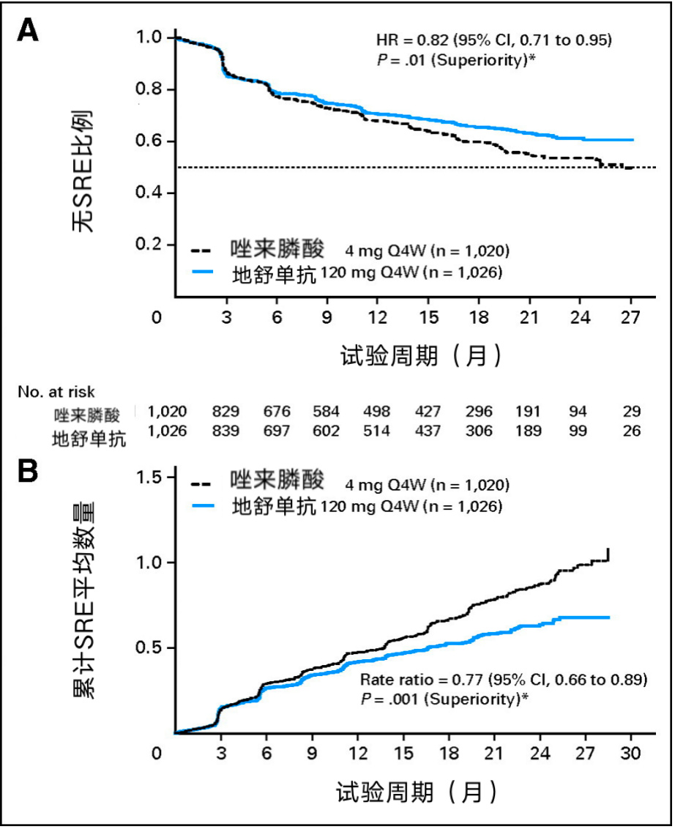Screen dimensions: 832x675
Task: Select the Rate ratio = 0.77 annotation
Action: pos(504,680)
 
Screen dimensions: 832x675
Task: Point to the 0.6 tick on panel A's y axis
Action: pos(156,141)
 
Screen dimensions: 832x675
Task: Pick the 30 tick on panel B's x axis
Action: pos(631,754)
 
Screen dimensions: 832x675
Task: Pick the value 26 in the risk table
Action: pos(631,431)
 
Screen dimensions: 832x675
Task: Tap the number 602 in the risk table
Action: pos(327,431)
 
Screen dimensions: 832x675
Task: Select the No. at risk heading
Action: pos(57,391)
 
